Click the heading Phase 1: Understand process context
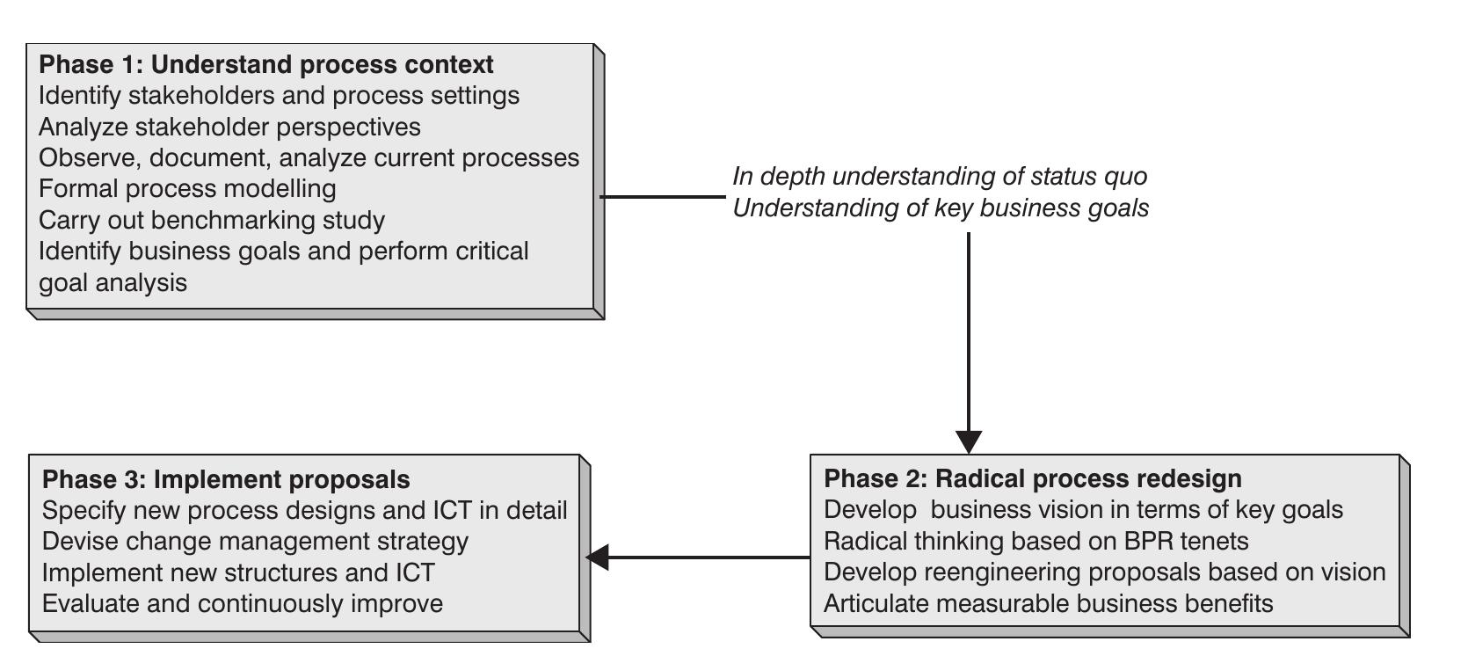pos(266,65)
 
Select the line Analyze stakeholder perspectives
pos(229,128)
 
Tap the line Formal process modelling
pos(187,189)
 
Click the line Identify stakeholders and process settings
pos(279,96)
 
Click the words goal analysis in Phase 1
pos(113,283)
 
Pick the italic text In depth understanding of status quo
pos(940,177)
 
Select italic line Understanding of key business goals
pos(941,208)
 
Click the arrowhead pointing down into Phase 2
pos(968,441)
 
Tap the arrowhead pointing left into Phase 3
pos(599,557)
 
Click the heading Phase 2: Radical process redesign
pos(1033,479)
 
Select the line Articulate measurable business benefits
pos(1048,604)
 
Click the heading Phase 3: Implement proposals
pos(226,480)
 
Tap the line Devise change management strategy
pos(255,542)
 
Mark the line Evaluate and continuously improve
pos(242,604)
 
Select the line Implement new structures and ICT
pos(238,573)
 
